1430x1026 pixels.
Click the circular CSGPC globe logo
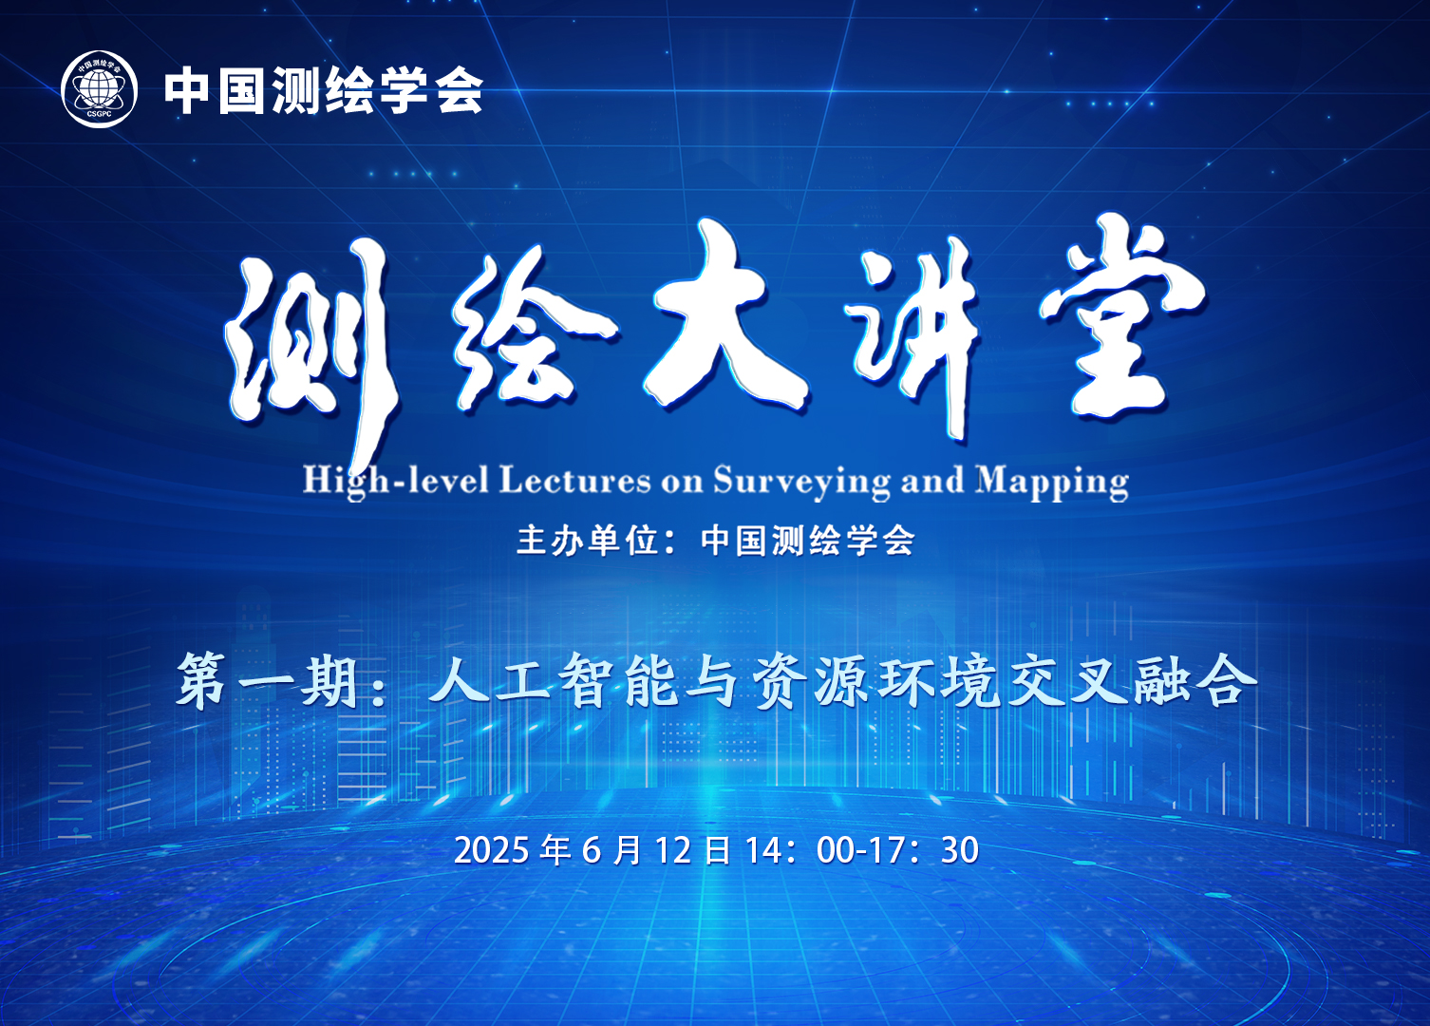pos(99,89)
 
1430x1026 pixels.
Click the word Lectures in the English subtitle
pos(574,481)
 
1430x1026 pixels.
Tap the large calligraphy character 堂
pos(1120,316)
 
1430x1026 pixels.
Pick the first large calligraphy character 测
pos(312,351)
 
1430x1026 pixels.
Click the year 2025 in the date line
pos(492,850)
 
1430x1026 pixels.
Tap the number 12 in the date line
pos(673,850)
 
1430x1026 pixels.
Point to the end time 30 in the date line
pos(959,850)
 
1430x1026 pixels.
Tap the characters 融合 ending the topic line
pos(1194,681)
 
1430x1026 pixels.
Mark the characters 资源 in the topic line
pos(810,681)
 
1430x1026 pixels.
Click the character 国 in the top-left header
pos(241,90)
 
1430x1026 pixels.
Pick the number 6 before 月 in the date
pos(592,850)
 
